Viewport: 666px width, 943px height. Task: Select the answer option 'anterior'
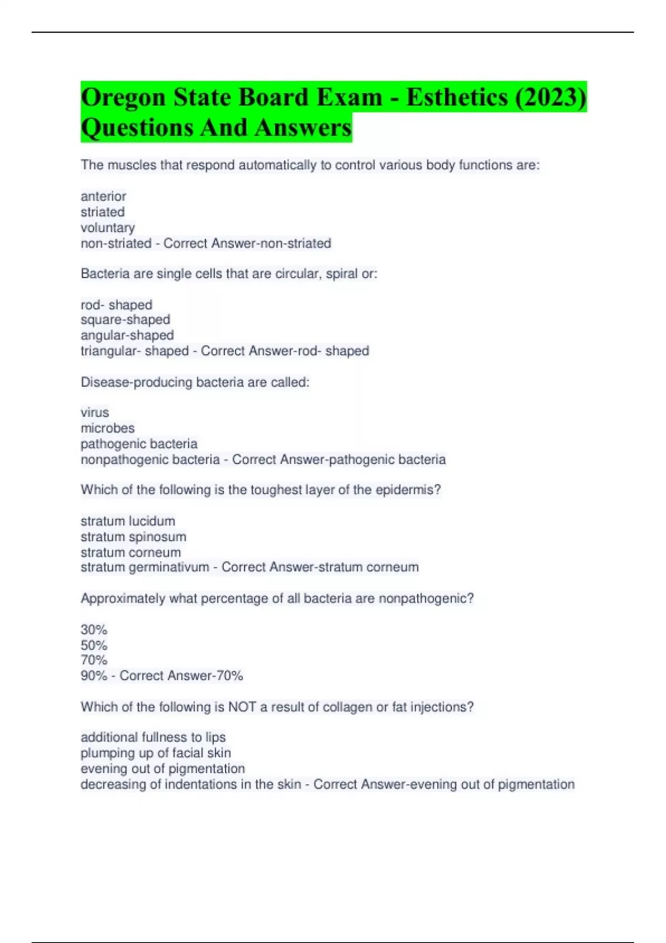pos(103,196)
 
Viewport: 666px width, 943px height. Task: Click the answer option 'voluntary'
pos(108,227)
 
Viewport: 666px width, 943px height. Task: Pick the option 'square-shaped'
pos(125,320)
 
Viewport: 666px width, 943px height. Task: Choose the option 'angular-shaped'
pos(127,335)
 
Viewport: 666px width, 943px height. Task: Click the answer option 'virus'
pos(95,413)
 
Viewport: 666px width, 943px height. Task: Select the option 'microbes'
pos(108,428)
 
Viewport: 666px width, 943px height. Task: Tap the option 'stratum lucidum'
pos(128,521)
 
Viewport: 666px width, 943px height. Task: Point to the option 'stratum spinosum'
pos(133,536)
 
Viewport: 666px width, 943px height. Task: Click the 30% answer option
pos(94,630)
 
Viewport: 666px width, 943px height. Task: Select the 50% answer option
pos(94,645)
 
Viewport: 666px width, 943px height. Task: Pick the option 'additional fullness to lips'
pos(153,737)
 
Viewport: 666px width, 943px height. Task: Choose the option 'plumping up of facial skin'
pos(155,753)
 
